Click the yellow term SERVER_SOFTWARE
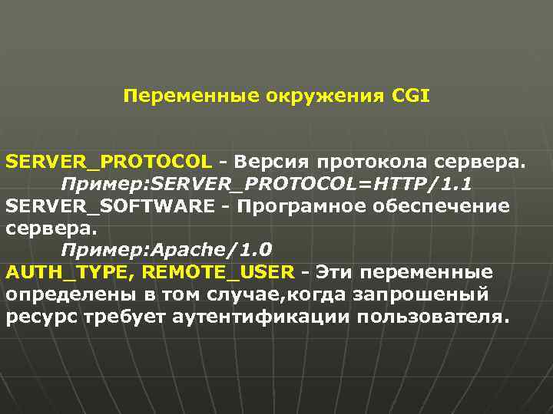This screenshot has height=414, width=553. click(x=110, y=206)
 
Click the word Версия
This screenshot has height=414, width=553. click(x=273, y=163)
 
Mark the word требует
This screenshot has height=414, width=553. click(x=113, y=317)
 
